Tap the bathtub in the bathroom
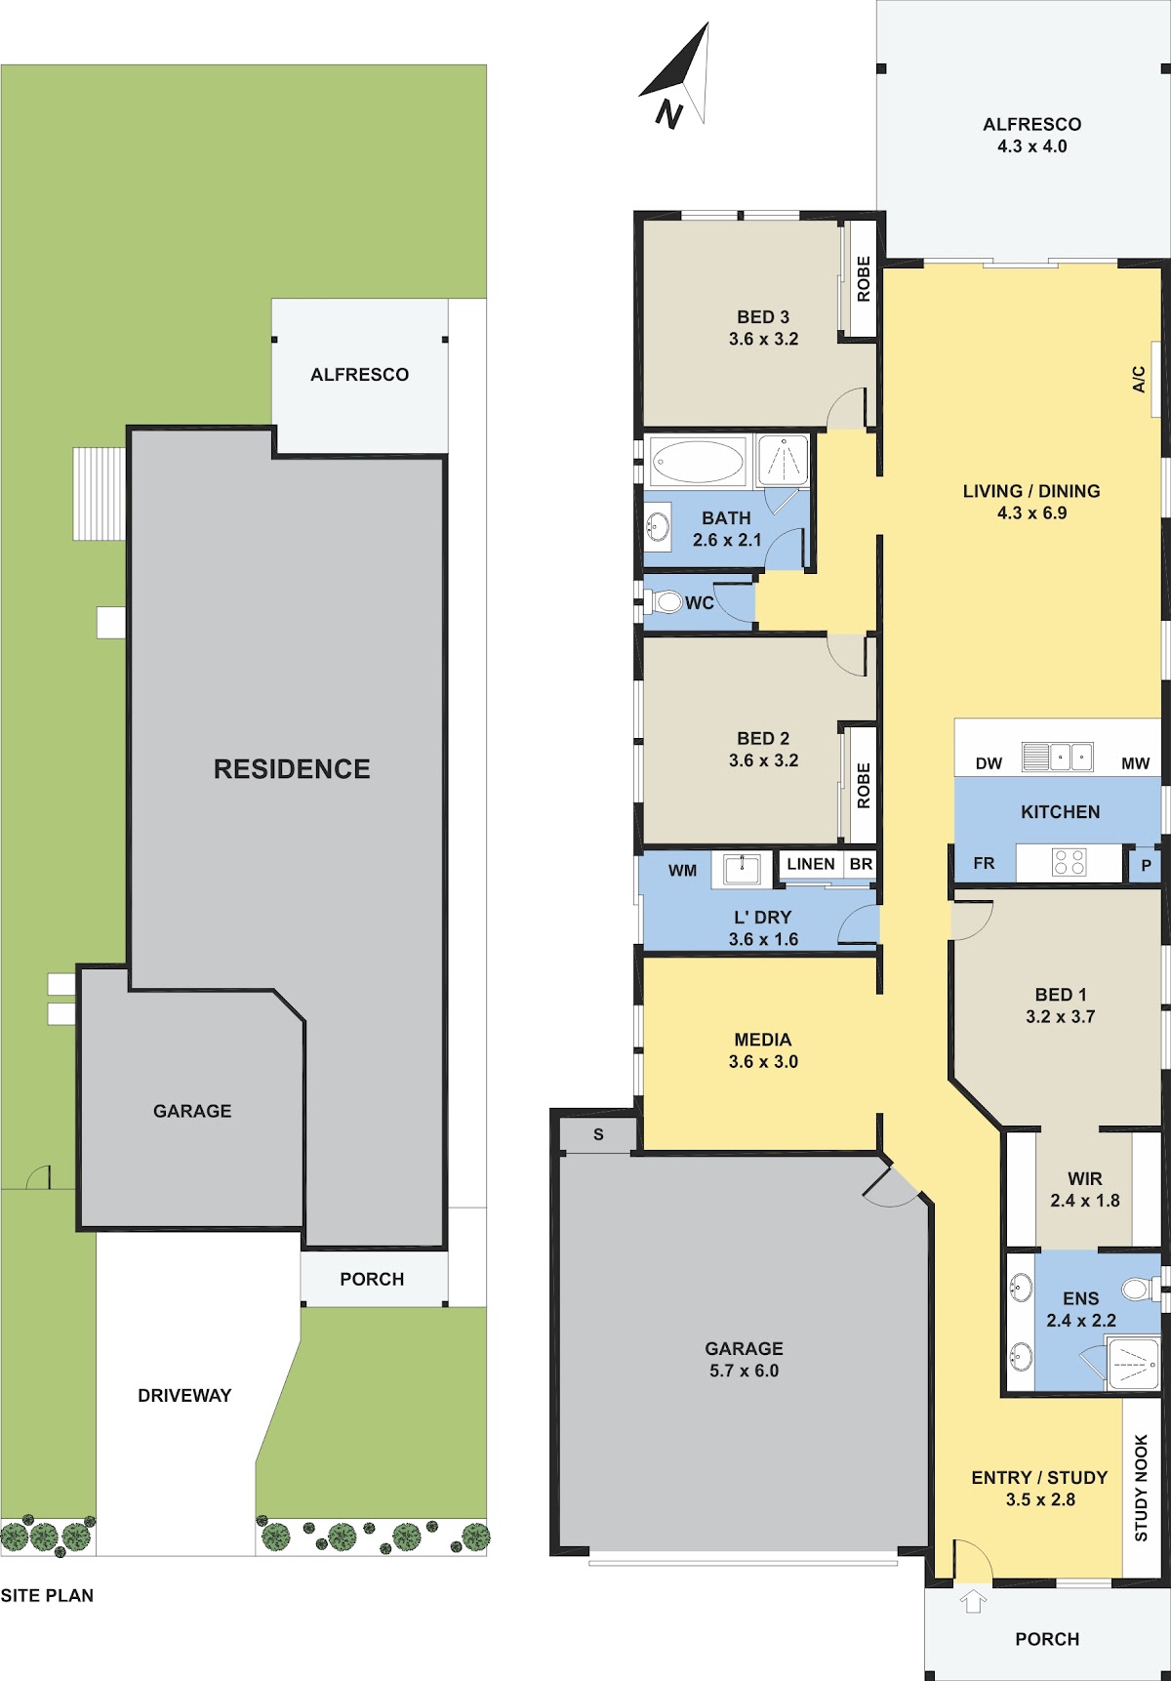click(697, 461)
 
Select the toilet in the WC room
click(666, 601)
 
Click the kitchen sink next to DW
click(1057, 757)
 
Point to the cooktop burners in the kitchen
click(1069, 862)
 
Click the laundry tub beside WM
click(742, 869)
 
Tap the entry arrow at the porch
click(973, 1601)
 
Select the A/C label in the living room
click(1139, 379)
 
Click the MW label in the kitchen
click(1135, 763)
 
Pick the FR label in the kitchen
click(984, 863)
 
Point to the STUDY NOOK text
click(1141, 1488)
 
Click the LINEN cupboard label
click(811, 864)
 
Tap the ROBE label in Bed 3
click(864, 278)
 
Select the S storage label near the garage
click(598, 1134)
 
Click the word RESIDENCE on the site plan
click(292, 769)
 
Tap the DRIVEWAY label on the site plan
click(184, 1396)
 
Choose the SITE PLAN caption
click(47, 1595)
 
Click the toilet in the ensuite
click(1140, 1289)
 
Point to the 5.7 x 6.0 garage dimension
click(744, 1371)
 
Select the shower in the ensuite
click(1134, 1362)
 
